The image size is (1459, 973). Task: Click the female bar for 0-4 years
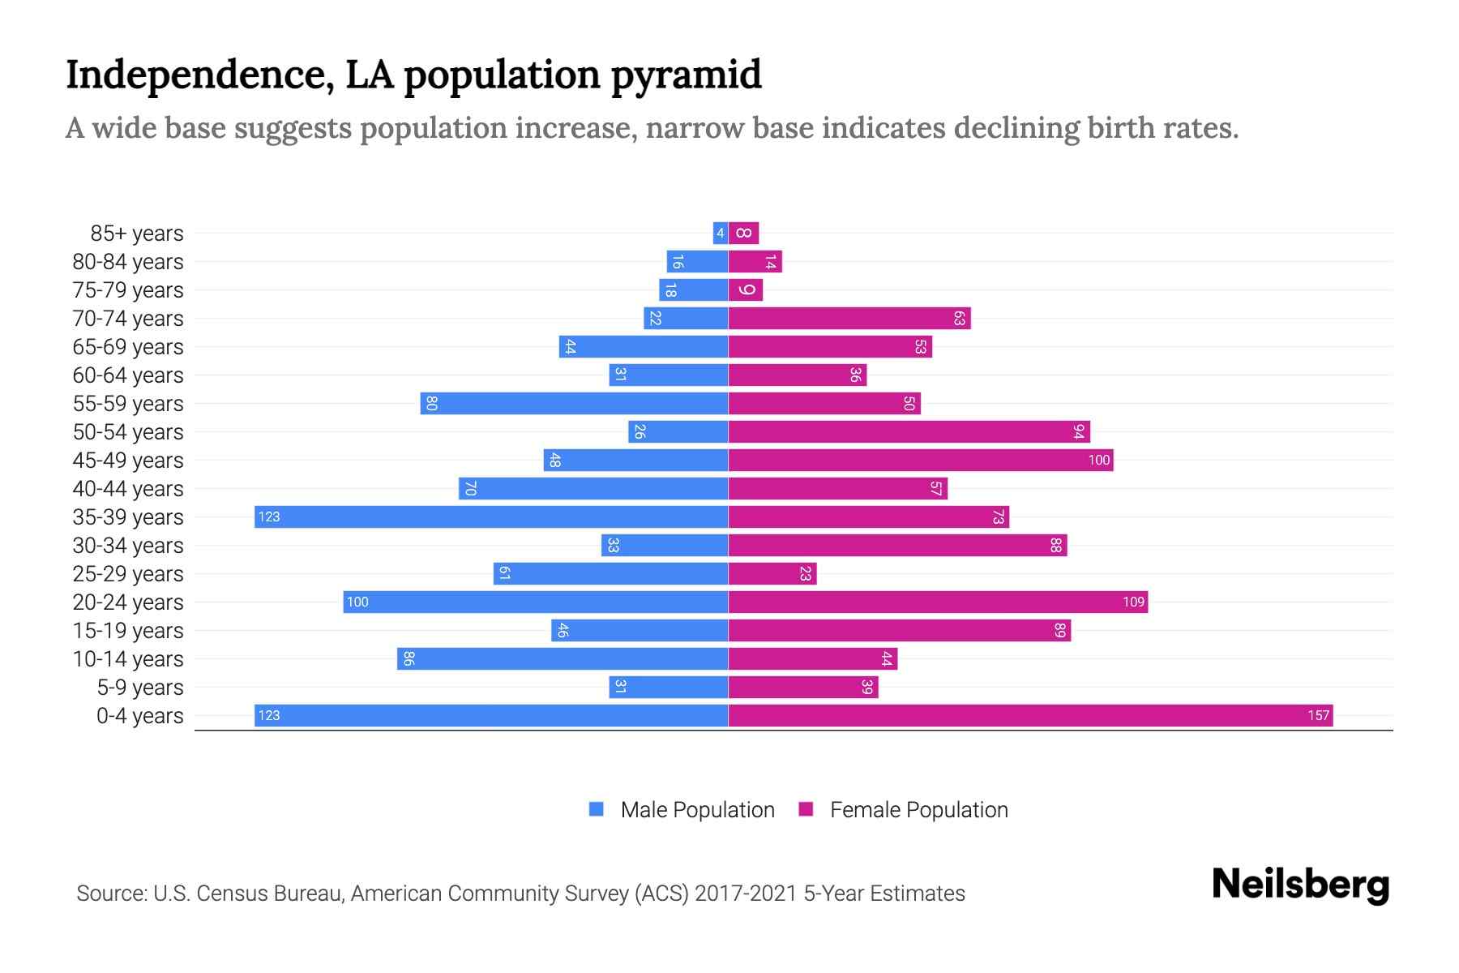(1029, 715)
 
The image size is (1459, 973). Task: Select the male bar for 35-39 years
(491, 517)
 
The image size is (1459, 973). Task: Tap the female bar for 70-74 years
(849, 318)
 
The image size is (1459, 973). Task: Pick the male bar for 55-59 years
(574, 403)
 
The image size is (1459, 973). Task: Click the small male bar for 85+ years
(720, 233)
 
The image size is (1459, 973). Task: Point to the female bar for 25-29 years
(772, 573)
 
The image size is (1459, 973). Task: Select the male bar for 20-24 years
(535, 602)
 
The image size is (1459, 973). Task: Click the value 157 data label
(1318, 715)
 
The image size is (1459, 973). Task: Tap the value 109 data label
(1133, 602)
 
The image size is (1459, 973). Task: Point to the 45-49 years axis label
(128, 460)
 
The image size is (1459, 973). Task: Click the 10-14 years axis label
(128, 658)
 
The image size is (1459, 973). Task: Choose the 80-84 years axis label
(128, 261)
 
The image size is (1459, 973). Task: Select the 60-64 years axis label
(128, 375)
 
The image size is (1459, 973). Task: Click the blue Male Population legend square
(597, 809)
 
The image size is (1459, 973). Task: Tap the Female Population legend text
(918, 809)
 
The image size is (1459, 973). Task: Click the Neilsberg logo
(1300, 884)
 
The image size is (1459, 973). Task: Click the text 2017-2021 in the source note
(746, 893)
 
